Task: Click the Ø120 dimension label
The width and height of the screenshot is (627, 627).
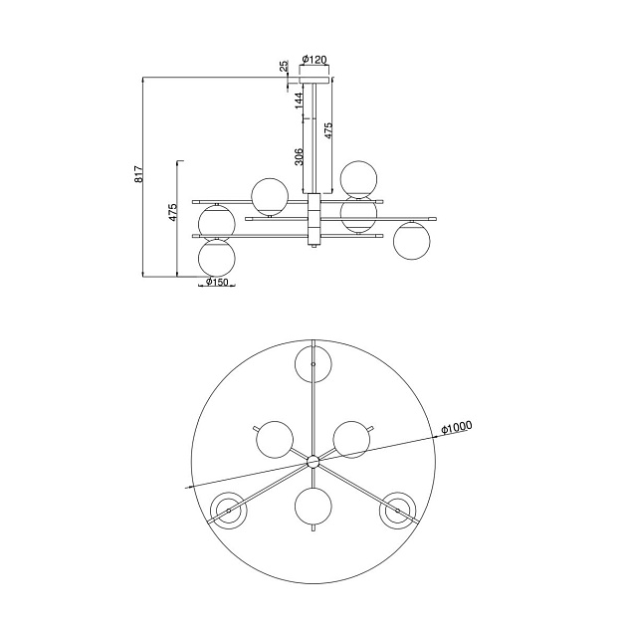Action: [314, 60]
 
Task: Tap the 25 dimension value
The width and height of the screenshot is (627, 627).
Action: [284, 66]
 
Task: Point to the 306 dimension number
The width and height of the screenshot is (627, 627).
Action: [299, 156]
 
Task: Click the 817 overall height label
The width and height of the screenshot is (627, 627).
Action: [138, 174]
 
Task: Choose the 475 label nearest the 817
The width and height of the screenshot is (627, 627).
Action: [172, 212]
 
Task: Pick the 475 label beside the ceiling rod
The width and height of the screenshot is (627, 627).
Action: [327, 130]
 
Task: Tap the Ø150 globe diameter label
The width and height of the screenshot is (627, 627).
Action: [217, 282]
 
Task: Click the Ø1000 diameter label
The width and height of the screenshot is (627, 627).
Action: [457, 427]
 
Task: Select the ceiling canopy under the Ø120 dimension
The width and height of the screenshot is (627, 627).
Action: [315, 80]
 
